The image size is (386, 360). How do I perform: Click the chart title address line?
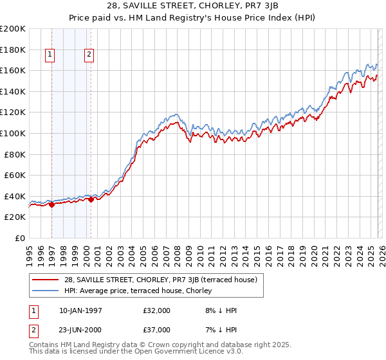point(192,6)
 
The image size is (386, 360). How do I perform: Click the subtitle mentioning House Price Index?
point(192,17)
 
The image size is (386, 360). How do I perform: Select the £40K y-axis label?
point(15,196)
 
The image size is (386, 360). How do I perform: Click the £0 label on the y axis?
point(20,238)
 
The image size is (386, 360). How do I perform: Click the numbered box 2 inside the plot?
point(89,55)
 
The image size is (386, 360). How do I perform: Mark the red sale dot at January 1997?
point(51,204)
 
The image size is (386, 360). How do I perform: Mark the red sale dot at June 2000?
point(91,199)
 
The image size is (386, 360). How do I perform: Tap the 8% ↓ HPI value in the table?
point(222,310)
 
